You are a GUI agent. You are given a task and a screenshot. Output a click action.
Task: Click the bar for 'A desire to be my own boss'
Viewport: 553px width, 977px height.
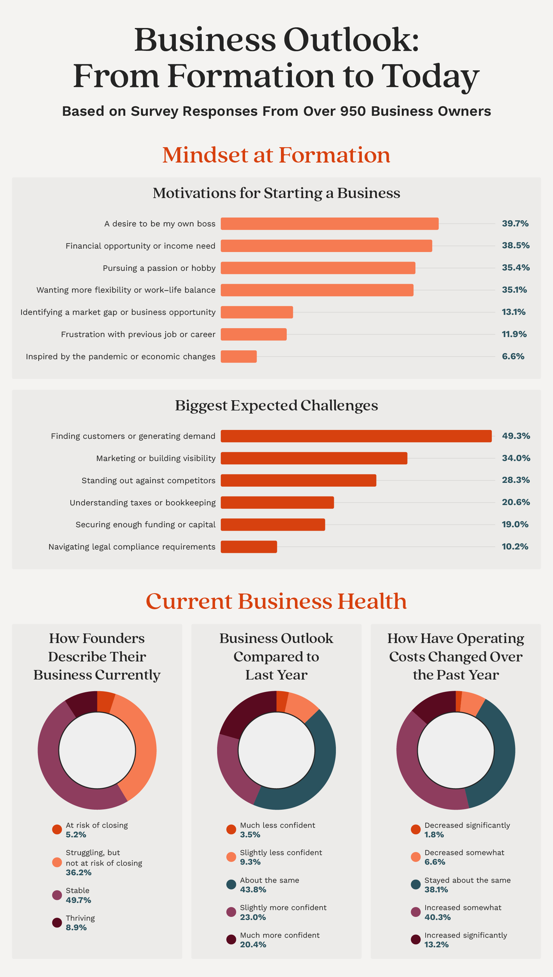[329, 224]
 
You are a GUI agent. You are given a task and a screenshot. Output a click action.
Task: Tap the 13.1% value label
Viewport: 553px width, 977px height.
[513, 312]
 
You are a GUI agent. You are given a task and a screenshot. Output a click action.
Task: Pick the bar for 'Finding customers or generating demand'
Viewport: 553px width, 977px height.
[356, 436]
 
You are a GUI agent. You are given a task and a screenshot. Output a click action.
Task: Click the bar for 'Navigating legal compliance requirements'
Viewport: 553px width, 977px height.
[249, 547]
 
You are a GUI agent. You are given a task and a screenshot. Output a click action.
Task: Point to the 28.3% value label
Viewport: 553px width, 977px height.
[515, 480]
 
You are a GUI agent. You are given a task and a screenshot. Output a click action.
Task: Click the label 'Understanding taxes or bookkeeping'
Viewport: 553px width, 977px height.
[142, 503]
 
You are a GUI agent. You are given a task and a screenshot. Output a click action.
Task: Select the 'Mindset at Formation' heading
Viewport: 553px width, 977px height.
[276, 155]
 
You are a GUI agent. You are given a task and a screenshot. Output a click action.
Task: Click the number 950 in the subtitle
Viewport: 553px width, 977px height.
[353, 111]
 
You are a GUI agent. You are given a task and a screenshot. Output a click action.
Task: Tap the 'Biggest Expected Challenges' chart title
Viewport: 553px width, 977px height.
[276, 405]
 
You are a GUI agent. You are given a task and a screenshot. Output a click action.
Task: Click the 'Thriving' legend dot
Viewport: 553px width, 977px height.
[57, 923]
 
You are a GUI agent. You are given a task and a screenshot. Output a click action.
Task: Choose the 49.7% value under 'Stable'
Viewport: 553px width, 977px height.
[78, 900]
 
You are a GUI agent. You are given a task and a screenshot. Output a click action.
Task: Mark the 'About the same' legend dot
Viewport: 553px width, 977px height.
[231, 885]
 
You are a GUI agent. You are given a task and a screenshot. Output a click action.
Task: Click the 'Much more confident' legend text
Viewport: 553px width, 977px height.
[280, 935]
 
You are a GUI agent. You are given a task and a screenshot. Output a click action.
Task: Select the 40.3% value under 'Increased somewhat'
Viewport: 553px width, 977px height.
[437, 917]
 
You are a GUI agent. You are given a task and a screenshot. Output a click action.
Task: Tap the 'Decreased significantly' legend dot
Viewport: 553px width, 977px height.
[415, 829]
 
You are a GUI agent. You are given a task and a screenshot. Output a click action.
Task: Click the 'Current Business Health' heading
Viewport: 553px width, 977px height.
[276, 601]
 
